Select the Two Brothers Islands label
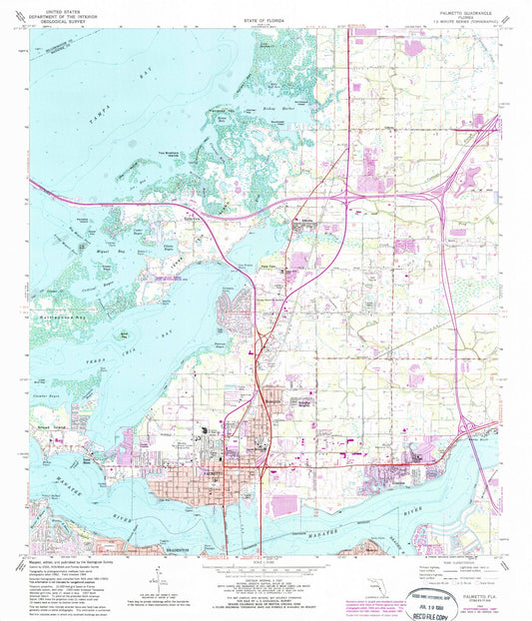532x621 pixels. tap(173, 171)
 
